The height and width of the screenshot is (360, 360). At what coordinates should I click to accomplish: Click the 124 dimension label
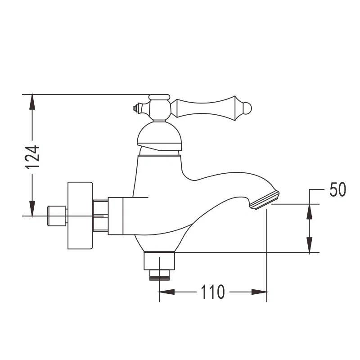pyautogui.click(x=32, y=157)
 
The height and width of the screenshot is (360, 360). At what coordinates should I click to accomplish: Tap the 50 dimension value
pyautogui.click(x=337, y=189)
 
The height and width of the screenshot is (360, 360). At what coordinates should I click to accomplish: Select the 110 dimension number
pyautogui.click(x=212, y=292)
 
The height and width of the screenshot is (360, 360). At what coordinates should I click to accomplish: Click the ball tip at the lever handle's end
pyautogui.click(x=247, y=108)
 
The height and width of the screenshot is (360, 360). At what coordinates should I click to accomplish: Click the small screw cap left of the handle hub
pyautogui.click(x=138, y=108)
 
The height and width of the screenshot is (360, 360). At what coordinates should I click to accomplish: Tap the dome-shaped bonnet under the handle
pyautogui.click(x=159, y=135)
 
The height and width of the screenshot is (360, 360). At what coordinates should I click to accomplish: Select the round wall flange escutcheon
pyautogui.click(x=80, y=216)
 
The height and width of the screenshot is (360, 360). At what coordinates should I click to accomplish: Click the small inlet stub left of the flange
pyautogui.click(x=57, y=216)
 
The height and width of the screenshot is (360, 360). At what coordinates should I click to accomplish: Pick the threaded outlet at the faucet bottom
pyautogui.click(x=159, y=275)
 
